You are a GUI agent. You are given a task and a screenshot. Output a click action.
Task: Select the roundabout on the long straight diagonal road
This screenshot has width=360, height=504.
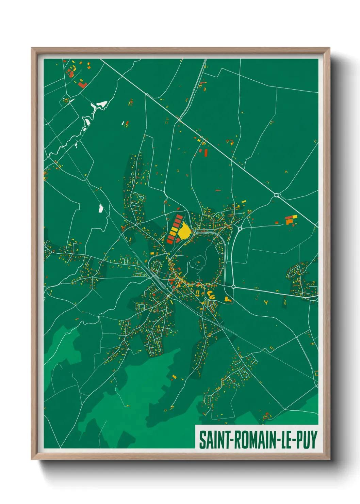276,195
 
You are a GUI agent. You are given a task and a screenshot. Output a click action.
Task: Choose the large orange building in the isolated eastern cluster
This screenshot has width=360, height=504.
289,222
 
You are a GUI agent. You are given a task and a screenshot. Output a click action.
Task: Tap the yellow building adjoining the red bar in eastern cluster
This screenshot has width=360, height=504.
295,216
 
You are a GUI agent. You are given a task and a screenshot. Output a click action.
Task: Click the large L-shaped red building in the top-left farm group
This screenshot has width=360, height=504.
82,85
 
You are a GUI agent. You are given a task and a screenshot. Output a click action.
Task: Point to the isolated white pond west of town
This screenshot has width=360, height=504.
101,208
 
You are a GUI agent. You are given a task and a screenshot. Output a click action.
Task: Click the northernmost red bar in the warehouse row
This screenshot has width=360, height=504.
179,216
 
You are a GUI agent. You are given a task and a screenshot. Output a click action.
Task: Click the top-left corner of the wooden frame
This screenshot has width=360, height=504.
32,48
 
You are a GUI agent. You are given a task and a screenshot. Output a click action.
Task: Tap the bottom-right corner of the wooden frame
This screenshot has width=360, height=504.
329,459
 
